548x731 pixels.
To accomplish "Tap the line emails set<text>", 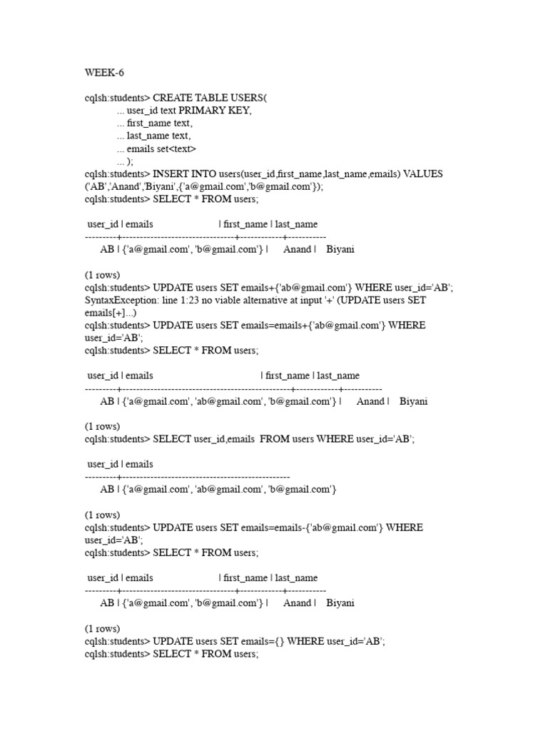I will coord(161,148).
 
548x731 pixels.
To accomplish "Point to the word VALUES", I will coord(423,173).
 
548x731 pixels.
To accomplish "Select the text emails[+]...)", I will coord(111,313).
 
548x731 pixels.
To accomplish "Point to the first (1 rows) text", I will coord(102,275).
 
